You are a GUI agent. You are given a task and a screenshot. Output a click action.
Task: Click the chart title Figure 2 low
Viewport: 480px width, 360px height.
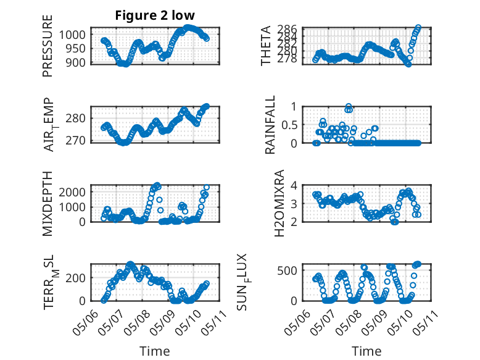click(155, 15)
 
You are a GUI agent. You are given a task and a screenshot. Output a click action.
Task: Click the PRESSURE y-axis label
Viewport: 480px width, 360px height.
click(48, 46)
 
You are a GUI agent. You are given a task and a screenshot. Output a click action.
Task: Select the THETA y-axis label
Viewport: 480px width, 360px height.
click(266, 46)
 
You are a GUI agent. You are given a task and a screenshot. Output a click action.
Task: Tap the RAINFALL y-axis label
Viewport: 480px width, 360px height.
click(270, 125)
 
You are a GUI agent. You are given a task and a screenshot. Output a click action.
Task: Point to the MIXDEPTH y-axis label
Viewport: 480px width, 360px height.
click(48, 203)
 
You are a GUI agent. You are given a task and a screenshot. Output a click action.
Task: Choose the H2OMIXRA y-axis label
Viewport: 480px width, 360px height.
click(279, 203)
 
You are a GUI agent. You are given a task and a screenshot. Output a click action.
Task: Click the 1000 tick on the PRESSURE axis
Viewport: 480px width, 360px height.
click(72, 35)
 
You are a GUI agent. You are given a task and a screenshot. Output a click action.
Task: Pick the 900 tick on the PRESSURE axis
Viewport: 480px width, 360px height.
click(76, 63)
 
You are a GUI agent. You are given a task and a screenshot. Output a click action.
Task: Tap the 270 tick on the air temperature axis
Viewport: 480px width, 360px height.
click(76, 141)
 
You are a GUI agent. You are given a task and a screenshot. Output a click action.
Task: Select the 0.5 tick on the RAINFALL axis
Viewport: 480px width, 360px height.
click(289, 125)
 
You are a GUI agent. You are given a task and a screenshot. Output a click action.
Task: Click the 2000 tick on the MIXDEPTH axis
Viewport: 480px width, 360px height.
click(72, 193)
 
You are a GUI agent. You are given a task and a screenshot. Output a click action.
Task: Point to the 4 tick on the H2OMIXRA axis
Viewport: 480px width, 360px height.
click(294, 185)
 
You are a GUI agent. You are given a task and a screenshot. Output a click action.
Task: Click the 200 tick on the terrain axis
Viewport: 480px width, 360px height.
click(76, 278)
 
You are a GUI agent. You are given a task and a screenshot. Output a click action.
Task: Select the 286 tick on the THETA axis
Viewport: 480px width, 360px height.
click(288, 29)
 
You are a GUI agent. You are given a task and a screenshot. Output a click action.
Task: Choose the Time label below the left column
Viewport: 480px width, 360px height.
click(155, 351)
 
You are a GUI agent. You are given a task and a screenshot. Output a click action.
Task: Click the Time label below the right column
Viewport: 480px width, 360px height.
click(366, 351)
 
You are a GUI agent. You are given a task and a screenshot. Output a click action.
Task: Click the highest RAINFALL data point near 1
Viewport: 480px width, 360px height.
click(348, 106)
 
